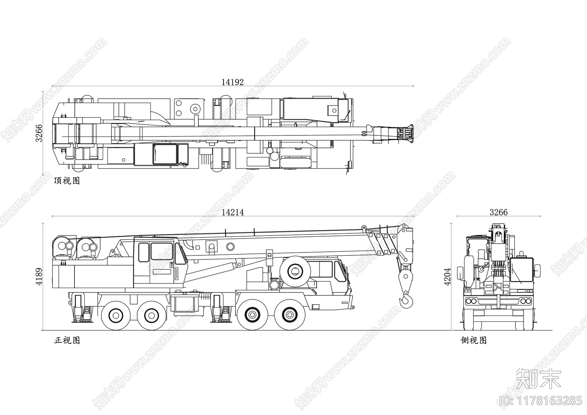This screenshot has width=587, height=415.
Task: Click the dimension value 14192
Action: point(233,82)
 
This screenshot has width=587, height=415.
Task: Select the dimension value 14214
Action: point(233,212)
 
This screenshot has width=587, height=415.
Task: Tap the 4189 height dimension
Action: point(39,277)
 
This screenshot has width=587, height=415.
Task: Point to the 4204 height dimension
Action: point(447,277)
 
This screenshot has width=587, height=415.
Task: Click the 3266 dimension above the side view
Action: point(499,212)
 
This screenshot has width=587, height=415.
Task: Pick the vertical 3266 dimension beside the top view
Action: point(39,133)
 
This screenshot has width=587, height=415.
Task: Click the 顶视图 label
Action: point(67,181)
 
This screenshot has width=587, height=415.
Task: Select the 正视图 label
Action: point(67,340)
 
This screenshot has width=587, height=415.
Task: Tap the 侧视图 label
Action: point(474,340)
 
